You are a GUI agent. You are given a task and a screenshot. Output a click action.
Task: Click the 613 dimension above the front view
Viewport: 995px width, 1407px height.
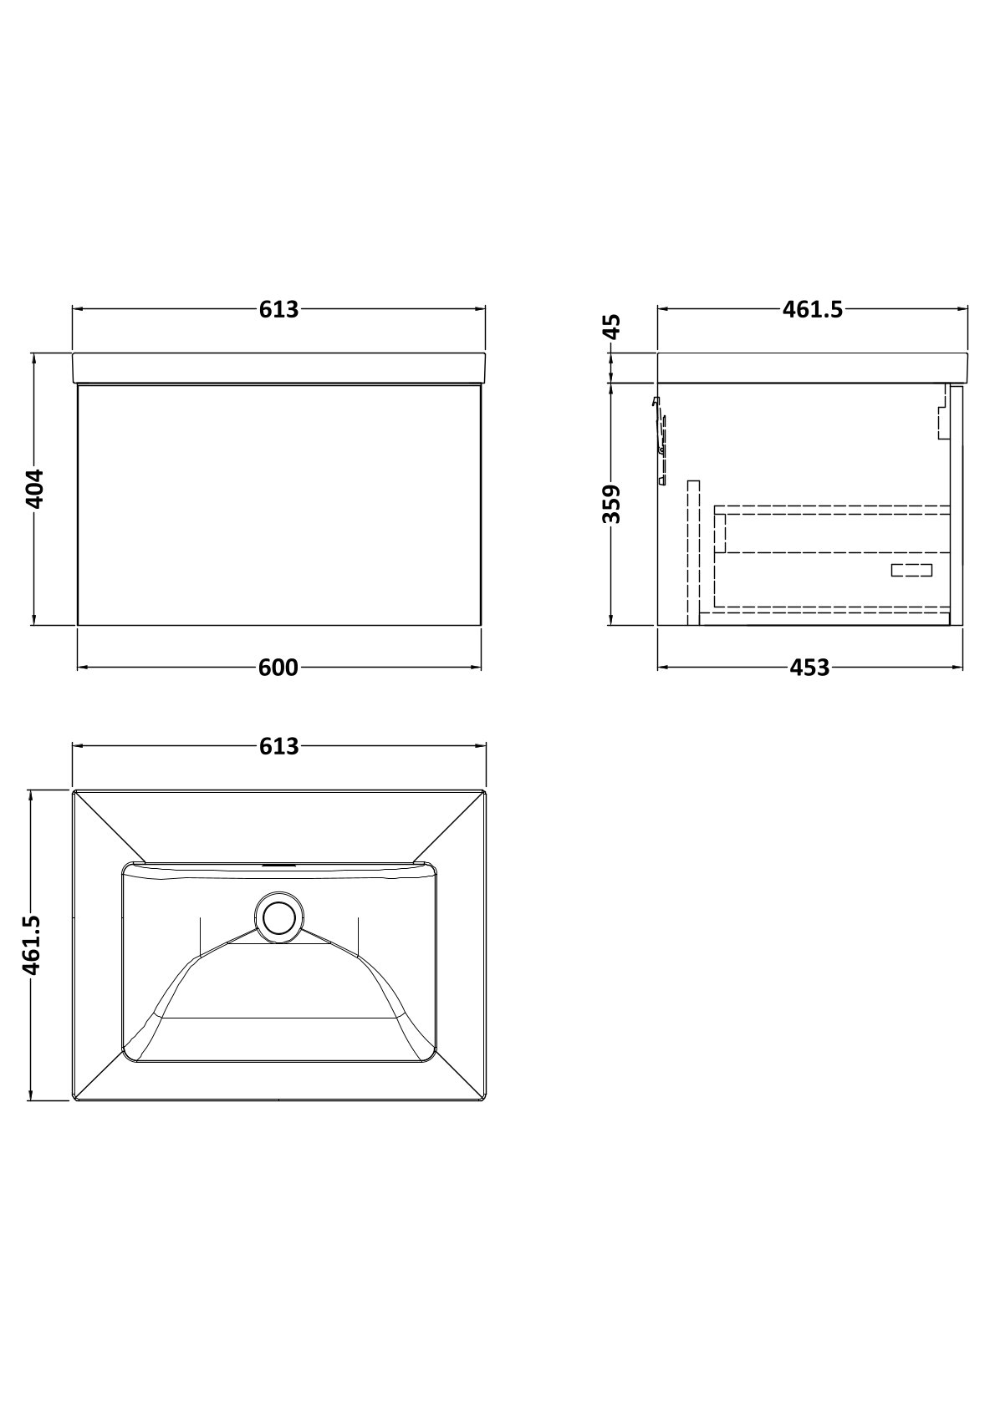coord(278,310)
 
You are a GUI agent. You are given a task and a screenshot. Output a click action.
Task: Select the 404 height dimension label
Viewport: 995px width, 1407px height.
coord(33,489)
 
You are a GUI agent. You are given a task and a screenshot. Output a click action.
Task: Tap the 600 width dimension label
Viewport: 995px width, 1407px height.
coord(278,668)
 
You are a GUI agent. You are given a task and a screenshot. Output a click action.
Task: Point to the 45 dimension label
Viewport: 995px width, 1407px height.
coord(610,327)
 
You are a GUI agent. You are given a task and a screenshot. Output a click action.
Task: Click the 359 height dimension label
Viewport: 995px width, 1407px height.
coord(611,504)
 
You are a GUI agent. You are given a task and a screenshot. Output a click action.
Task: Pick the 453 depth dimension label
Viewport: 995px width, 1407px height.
coord(809,668)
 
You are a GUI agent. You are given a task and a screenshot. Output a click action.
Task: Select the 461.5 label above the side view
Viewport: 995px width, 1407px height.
coord(812,310)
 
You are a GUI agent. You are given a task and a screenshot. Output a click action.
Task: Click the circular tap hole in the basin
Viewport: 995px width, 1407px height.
coord(279,919)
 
